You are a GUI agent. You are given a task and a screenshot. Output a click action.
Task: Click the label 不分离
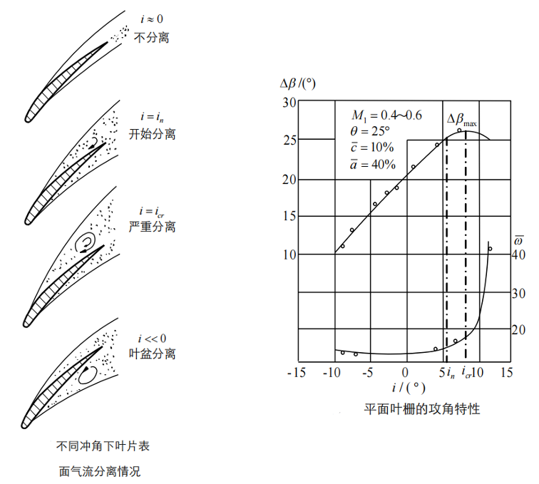coord(152,37)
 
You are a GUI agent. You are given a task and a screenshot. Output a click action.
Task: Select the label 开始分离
coord(152,133)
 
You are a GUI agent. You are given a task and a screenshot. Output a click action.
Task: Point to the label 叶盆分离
coord(152,354)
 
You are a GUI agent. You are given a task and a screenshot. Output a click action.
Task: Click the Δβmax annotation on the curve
coord(462,120)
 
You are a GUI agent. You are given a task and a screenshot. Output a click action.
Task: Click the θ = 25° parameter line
coord(371,131)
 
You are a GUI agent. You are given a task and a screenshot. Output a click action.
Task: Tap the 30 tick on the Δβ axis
coord(289,103)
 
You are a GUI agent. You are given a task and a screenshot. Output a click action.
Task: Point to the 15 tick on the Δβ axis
coord(289,216)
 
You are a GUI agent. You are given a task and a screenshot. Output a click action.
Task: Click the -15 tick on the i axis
coord(298,372)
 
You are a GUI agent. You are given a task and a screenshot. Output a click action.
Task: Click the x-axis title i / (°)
coord(407,388)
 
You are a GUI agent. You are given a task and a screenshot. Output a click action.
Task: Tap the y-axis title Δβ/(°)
coord(298,83)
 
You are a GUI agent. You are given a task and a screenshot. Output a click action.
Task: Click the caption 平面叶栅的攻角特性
coord(421,410)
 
